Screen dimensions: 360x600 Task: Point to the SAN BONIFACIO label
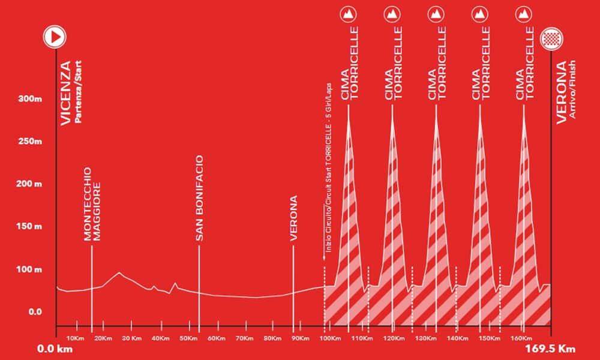pyautogui.click(x=200, y=199)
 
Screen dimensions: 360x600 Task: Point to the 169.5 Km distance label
pyautogui.click(x=548, y=349)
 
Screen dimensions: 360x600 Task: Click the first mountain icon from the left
pyautogui.click(x=348, y=14)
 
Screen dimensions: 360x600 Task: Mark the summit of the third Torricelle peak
pyautogui.click(x=436, y=113)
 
